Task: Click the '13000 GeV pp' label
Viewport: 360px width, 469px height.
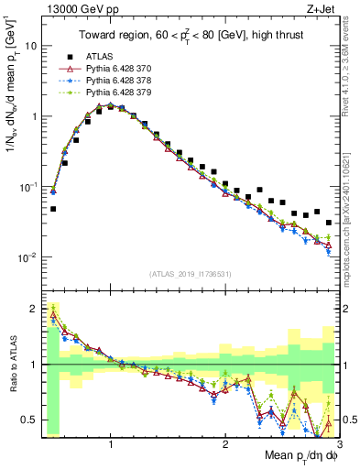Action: [x=77, y=8]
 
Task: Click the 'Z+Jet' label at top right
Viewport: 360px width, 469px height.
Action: [x=320, y=8]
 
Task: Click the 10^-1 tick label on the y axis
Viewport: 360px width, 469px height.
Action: [x=26, y=187]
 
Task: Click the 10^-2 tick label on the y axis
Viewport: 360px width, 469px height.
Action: [x=26, y=257]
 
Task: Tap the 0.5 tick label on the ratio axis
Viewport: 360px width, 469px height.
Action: [x=28, y=420]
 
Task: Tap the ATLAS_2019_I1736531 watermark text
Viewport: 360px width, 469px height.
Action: [x=190, y=274]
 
